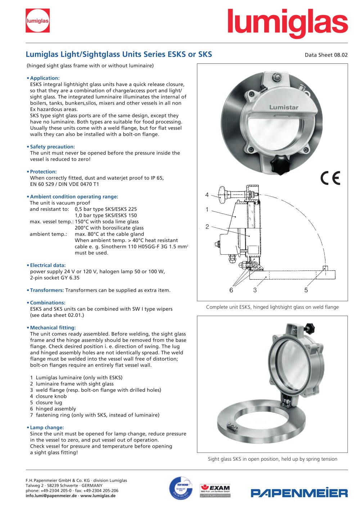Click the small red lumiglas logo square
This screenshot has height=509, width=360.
point(37,21)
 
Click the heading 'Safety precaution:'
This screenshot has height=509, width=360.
point(52,147)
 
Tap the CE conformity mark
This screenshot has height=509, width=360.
point(330,178)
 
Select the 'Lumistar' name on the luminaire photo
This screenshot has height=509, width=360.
point(284,107)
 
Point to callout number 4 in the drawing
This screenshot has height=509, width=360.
point(207,195)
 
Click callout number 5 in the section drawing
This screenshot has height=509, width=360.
point(306,290)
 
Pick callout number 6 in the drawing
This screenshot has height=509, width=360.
point(231,290)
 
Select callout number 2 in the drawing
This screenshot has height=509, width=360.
point(207,227)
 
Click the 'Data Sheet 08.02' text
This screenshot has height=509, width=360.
point(326,55)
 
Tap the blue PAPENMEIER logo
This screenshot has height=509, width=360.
point(299,493)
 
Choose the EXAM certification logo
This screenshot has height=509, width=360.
point(215,490)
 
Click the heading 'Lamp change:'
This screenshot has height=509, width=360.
point(47,428)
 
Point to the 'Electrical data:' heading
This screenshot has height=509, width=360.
point(48,265)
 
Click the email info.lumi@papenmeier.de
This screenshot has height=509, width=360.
point(51,496)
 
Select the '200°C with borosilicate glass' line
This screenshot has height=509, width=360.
point(109,228)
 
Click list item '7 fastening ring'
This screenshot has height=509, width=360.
point(95,415)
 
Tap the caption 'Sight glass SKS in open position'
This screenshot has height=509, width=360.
point(273,459)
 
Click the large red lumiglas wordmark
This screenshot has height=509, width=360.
point(287,23)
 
